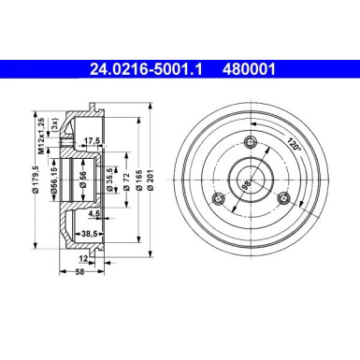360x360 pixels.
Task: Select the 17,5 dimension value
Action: [x=92, y=141]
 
